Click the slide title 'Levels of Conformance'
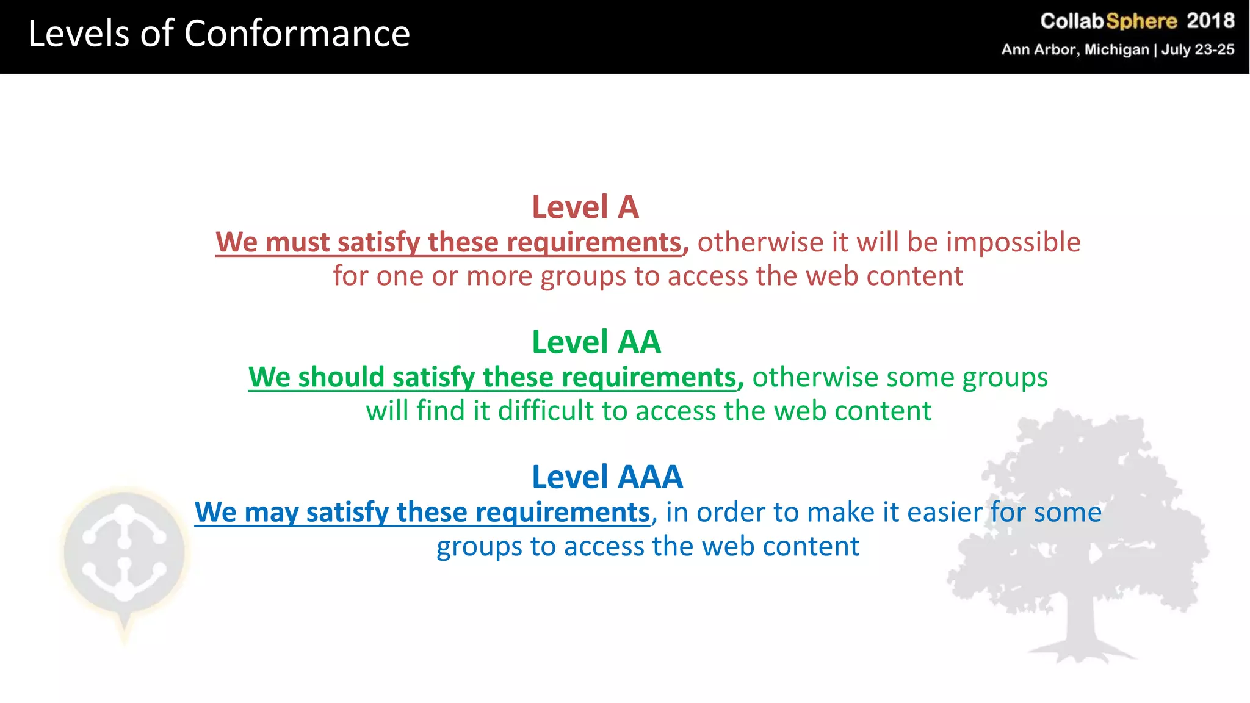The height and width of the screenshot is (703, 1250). point(219,34)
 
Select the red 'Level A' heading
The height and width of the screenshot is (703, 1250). point(585,207)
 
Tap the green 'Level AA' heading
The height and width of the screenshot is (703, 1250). point(596,342)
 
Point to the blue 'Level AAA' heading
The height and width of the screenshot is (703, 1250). point(607,477)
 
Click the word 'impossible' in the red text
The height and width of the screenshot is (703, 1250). point(1013,243)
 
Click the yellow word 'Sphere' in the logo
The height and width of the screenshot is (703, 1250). point(1141,21)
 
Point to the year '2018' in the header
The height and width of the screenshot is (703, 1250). point(1210,21)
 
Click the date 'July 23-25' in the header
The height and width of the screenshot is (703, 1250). point(1198,49)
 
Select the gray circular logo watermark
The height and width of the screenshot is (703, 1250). point(125,552)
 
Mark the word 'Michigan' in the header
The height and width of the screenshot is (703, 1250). point(1116,49)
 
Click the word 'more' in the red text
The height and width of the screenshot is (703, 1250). point(499,276)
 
